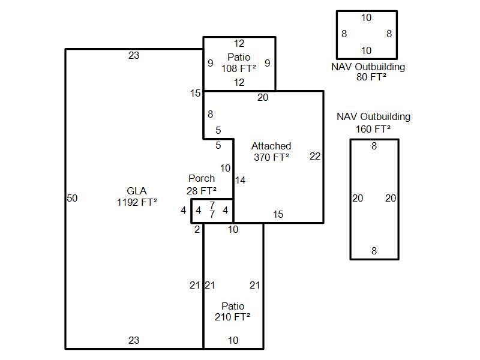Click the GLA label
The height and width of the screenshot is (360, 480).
[136, 191]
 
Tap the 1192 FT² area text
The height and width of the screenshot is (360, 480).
[137, 202]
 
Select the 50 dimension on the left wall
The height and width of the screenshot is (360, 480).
[72, 199]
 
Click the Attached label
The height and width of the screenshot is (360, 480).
[271, 146]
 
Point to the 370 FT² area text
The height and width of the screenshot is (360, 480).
[271, 157]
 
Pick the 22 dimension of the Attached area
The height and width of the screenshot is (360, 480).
[315, 157]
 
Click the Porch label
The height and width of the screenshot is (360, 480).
[202, 178]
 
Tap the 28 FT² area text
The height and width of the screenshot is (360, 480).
[202, 190]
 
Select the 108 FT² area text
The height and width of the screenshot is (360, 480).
[239, 68]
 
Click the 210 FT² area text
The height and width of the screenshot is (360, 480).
[233, 317]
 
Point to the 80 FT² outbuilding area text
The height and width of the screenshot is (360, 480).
[368, 77]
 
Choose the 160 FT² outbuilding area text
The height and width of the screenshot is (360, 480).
[373, 128]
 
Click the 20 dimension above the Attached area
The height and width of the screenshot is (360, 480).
[263, 98]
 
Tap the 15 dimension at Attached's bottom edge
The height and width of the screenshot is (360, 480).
[278, 215]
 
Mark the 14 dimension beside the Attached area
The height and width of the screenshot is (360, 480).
[240, 180]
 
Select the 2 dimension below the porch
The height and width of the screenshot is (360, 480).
[197, 229]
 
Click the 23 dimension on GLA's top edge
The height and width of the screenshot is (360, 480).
[134, 56]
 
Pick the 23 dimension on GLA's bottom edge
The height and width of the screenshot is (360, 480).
[134, 340]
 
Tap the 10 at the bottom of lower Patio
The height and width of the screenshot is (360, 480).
[233, 340]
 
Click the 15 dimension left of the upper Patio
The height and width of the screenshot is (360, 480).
[195, 93]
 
